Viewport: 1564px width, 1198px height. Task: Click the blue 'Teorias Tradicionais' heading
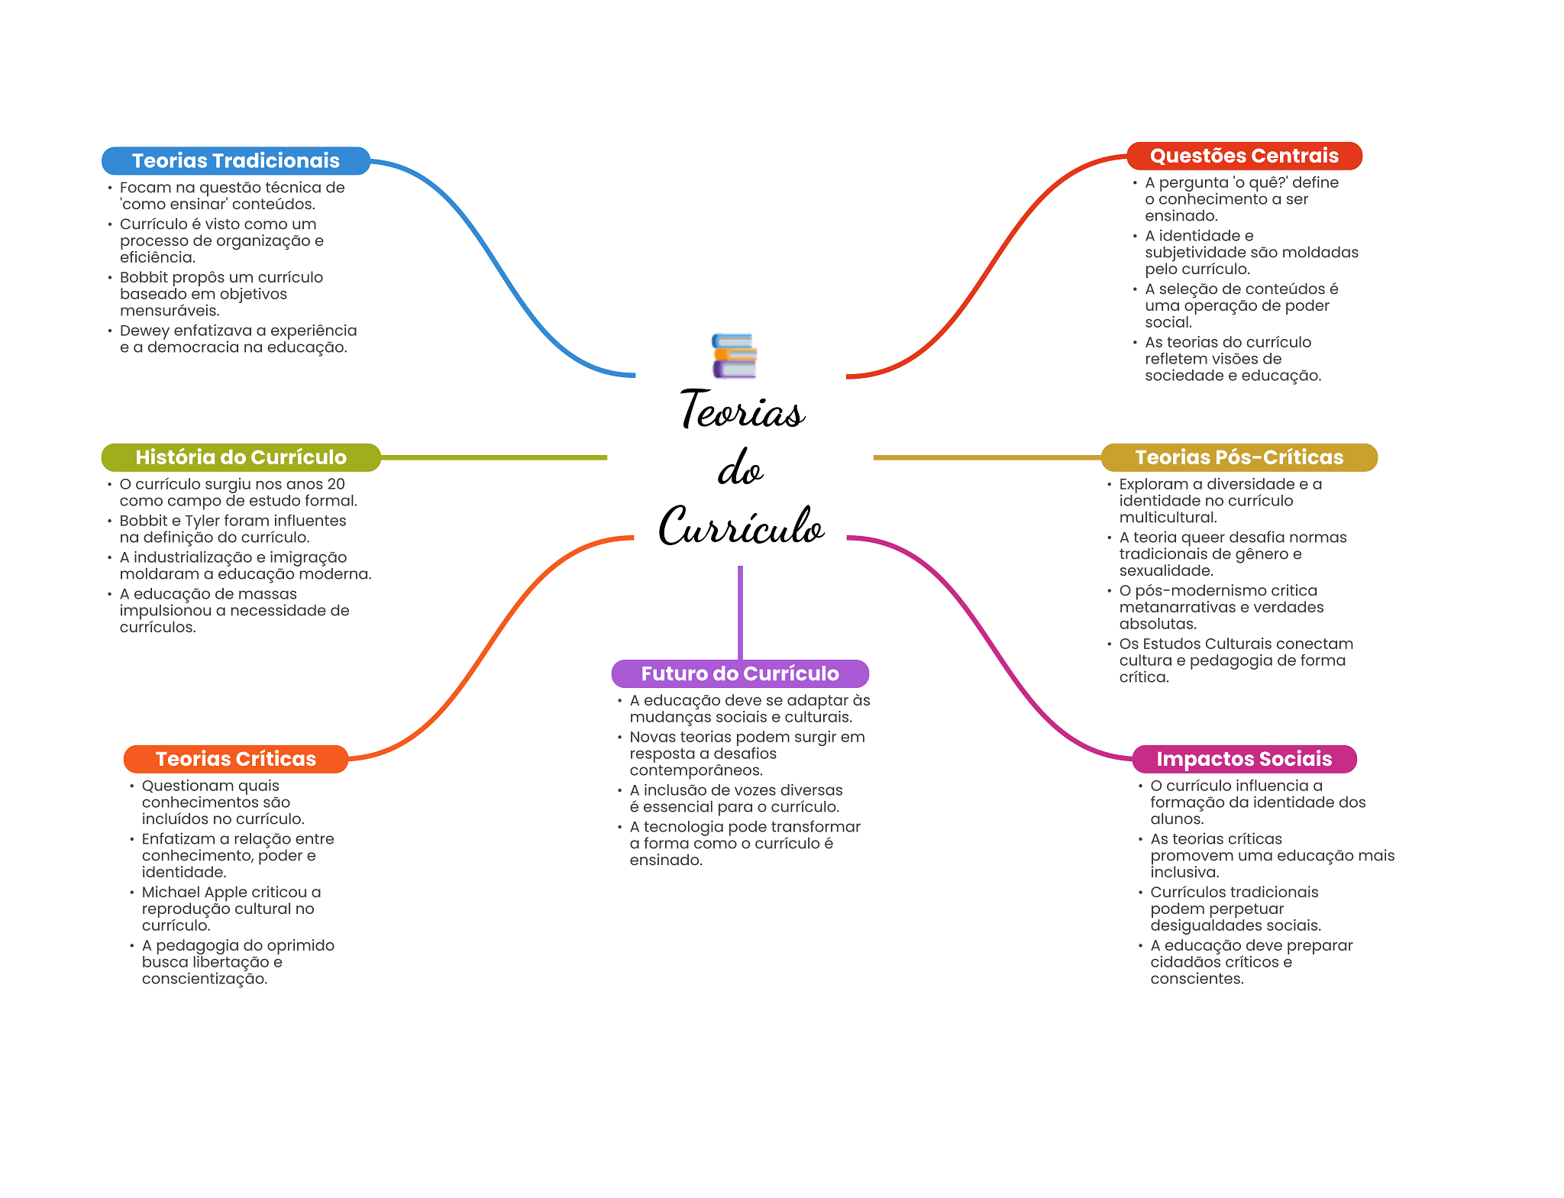point(235,160)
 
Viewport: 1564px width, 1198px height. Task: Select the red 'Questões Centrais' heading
point(1243,156)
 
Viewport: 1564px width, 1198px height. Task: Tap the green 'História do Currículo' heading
point(241,457)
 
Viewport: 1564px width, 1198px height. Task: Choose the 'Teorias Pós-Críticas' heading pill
point(1239,457)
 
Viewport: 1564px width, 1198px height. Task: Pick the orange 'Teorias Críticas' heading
point(235,759)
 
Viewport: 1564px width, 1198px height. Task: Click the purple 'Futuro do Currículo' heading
point(739,673)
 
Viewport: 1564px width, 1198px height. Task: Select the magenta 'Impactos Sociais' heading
point(1243,759)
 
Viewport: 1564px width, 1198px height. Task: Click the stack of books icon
point(734,356)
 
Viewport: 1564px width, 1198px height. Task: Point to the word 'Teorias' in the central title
point(742,411)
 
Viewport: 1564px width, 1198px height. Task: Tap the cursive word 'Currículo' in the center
point(741,526)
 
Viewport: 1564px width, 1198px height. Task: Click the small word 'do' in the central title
point(740,470)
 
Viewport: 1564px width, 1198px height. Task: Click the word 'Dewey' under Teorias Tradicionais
point(144,331)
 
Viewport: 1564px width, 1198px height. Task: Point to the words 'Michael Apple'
point(194,893)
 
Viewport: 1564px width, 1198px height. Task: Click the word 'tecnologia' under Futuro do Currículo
point(680,827)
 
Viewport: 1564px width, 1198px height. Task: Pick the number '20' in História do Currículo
point(335,484)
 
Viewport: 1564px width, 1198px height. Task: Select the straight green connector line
point(493,457)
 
